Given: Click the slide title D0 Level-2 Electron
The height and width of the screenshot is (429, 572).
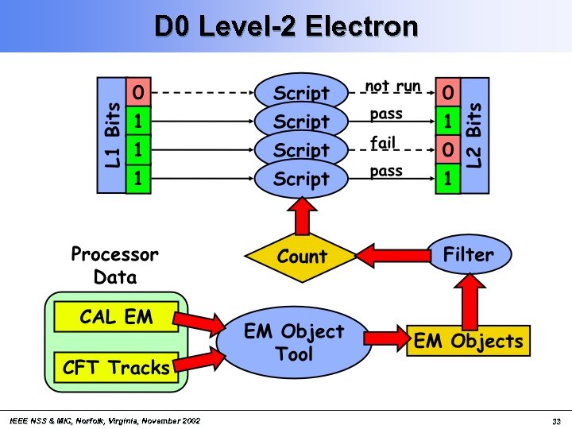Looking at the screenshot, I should pos(286,26).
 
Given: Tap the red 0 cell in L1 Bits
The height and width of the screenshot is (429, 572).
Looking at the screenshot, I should pos(138,92).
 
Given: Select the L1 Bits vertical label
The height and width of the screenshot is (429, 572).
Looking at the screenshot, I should pos(111,135).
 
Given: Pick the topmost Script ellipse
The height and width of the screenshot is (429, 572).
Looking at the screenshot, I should pos(302,93).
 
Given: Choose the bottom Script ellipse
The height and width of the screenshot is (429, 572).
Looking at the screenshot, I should pos(302,180).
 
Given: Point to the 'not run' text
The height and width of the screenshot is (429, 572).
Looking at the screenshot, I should pos(392,86).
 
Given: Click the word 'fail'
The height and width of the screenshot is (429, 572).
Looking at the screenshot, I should pos(382,143).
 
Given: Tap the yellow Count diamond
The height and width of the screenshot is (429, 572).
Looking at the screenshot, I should pos(301,257).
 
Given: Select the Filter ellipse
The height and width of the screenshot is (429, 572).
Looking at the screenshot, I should pos(469,254).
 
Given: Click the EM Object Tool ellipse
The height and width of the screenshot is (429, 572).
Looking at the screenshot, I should pos(294,342).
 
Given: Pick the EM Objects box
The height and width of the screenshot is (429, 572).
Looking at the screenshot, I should pos(468,342).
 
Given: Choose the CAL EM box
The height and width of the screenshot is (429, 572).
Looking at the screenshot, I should pos(116,318).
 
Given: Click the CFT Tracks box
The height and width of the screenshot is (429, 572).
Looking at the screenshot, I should pos(116,367).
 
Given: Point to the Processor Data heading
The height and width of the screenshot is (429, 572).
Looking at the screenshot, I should pos(114,265).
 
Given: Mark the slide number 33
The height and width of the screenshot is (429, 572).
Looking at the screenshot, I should pos(556,420).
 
